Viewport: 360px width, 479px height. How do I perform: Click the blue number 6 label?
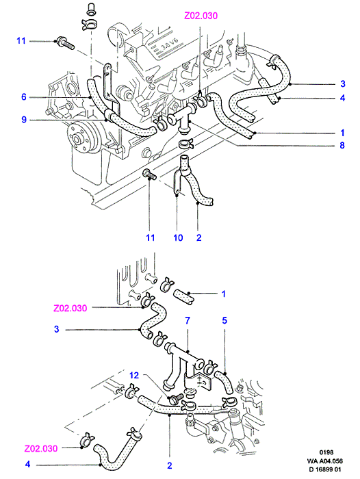(x=24, y=97)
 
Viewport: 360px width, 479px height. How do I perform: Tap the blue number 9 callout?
(x=24, y=120)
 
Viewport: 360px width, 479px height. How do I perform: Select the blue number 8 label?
(x=342, y=145)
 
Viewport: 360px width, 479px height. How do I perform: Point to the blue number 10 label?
(x=178, y=237)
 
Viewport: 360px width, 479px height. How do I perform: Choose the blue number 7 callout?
(x=188, y=320)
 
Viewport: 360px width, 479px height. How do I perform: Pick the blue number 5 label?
(x=224, y=320)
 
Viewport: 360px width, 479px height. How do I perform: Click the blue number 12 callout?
(x=134, y=375)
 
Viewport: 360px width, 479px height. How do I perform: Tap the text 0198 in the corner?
(x=326, y=452)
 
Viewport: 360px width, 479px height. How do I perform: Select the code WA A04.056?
(x=325, y=461)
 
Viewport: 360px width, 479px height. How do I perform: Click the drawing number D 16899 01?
(x=325, y=469)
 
